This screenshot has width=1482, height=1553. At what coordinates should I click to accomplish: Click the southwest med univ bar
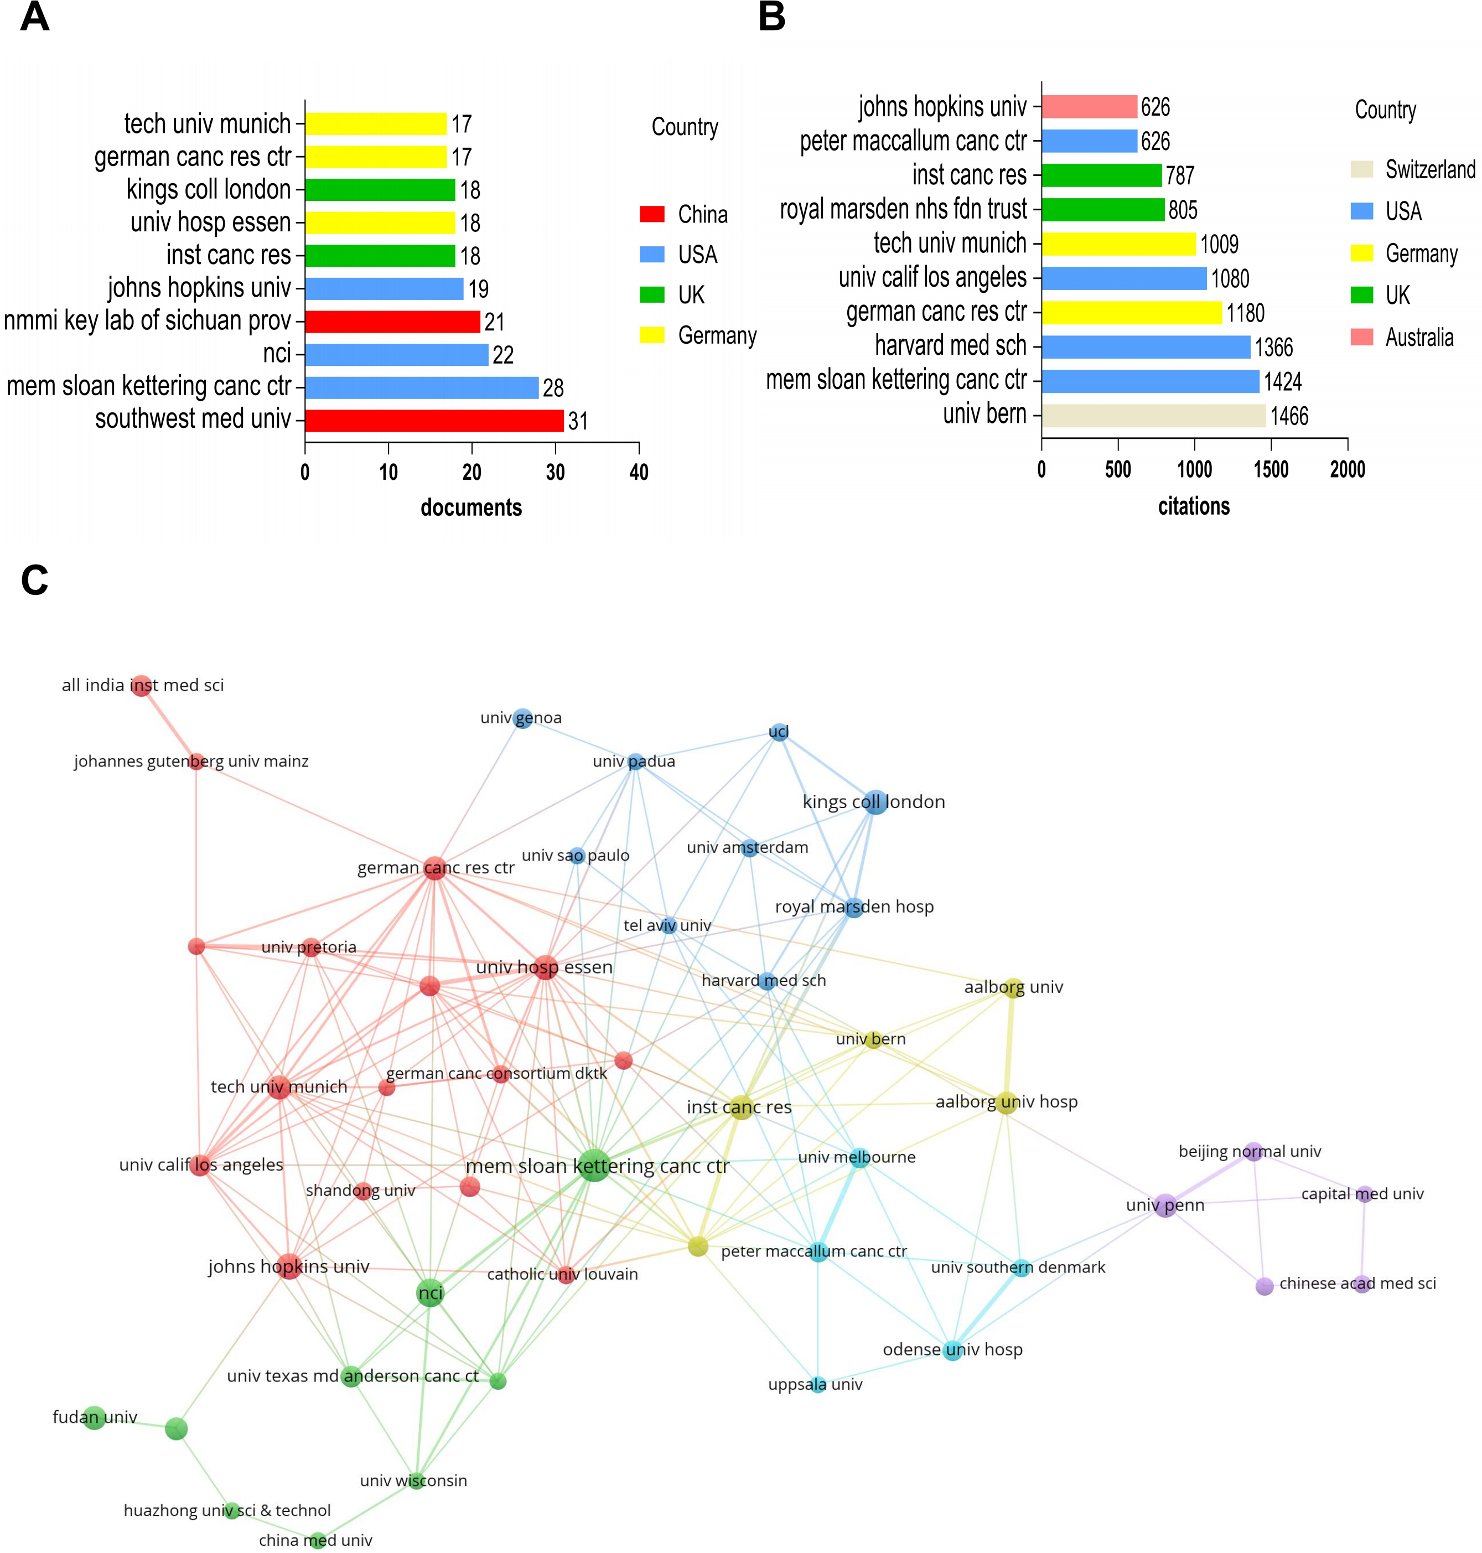[x=434, y=420]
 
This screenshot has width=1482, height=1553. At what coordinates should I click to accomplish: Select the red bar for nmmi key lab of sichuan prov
[x=392, y=322]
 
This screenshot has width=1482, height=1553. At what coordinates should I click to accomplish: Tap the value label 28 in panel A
[x=553, y=388]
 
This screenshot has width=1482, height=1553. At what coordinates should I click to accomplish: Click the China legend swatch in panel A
[x=652, y=214]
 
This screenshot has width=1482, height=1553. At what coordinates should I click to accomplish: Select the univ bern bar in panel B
[x=1153, y=416]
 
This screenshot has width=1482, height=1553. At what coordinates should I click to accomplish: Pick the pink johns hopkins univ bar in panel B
[x=1090, y=107]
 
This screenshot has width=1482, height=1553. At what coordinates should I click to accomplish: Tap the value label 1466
[x=1289, y=416]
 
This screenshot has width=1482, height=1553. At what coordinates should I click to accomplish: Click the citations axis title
[x=1194, y=506]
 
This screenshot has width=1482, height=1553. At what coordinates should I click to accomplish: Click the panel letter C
[x=35, y=581]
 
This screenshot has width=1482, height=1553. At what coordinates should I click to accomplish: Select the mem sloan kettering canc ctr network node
[x=593, y=1165]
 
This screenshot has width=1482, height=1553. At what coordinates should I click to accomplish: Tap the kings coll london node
[x=874, y=803]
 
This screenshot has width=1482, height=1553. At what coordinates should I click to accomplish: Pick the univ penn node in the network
[x=1165, y=1205]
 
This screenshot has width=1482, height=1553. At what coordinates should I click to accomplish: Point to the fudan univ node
[x=94, y=1417]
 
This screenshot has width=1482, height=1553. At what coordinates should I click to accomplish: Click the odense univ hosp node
[x=953, y=1350]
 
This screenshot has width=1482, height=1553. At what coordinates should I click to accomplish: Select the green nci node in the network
[x=430, y=1292]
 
